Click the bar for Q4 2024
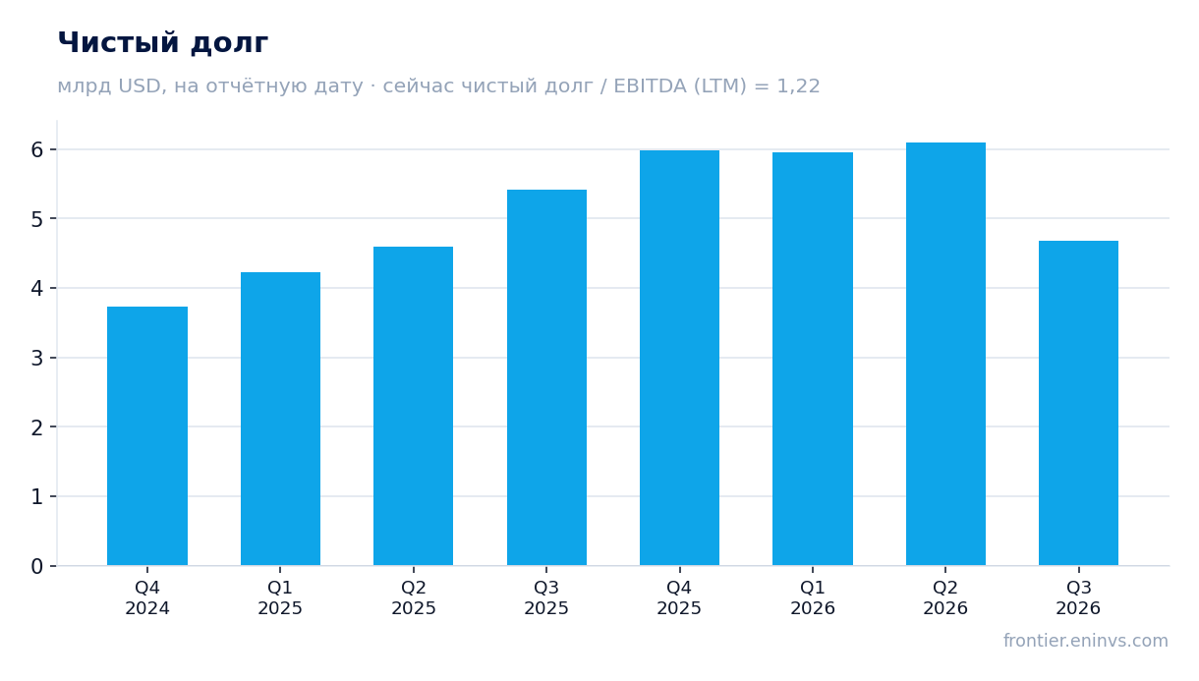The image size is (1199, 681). coord(147,435)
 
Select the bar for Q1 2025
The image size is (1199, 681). coord(280,419)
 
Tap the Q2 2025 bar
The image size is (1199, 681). coord(413,406)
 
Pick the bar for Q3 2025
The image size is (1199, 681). coord(546,377)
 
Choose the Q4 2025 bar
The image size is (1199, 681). coord(679,358)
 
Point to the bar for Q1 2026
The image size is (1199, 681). coord(813,359)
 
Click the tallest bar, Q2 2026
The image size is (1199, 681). coord(945,354)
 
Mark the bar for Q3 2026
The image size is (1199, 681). coord(1078,403)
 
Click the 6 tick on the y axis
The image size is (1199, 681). coord(37,150)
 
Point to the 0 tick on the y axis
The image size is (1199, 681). coord(37,566)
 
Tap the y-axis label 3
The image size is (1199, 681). coord(37,358)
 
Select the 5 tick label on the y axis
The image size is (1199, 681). coord(37,219)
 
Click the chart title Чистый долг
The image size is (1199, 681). coord(163,42)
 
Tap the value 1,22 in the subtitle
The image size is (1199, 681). coord(798,86)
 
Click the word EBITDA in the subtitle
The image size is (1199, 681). coord(650,86)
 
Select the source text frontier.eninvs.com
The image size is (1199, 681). coord(1086,641)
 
